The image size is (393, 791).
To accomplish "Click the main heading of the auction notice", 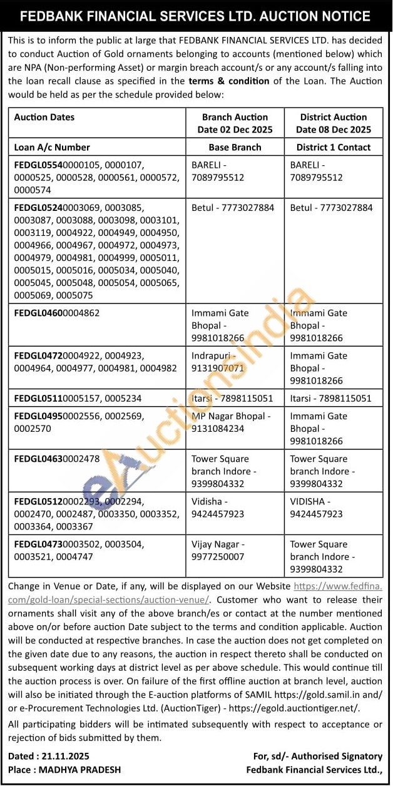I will point(196,16).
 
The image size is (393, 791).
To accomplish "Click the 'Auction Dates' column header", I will point(44,117).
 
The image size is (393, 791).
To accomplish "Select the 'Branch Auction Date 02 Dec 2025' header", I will point(235,123).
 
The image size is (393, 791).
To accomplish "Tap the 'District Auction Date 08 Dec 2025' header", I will point(333,123).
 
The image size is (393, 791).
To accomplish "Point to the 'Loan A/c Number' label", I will point(52,147).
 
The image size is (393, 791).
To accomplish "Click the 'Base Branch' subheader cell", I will point(235,147).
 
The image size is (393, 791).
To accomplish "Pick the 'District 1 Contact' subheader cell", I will point(333,147).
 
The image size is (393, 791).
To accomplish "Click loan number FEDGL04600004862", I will point(56,313).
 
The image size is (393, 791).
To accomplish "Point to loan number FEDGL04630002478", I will point(56,459).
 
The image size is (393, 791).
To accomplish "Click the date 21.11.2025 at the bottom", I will point(65,757).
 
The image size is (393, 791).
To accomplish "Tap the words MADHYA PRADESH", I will point(79,770).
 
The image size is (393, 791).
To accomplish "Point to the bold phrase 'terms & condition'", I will point(229,81).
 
